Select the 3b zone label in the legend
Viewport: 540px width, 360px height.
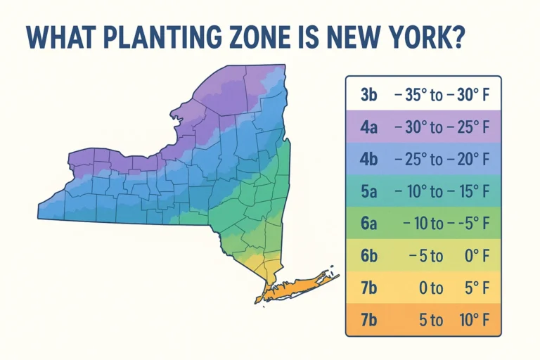369,96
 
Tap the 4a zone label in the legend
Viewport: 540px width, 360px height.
369,128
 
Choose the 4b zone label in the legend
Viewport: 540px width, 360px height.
369,160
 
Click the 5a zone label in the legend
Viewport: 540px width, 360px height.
369,191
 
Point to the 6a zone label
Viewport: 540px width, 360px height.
369,224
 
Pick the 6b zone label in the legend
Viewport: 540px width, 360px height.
369,255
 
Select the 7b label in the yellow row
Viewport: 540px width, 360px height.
369,288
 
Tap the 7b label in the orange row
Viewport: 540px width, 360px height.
369,319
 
